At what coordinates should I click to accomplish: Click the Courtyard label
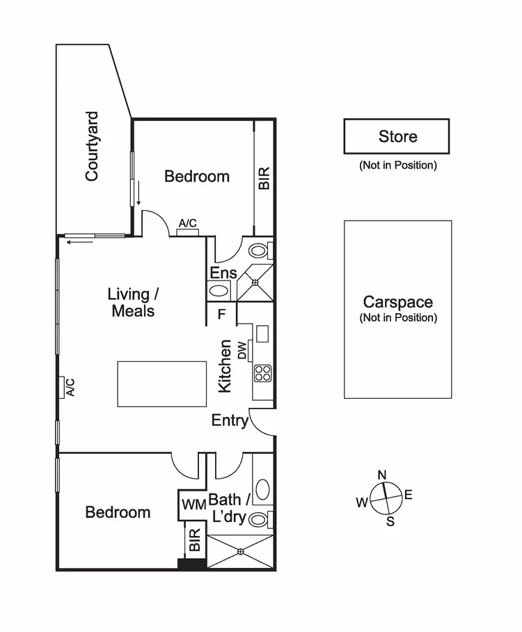pyautogui.click(x=91, y=147)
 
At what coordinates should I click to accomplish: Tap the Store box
pyautogui.click(x=397, y=136)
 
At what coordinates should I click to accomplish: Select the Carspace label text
pyautogui.click(x=397, y=302)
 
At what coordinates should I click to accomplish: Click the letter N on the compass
pyautogui.click(x=381, y=475)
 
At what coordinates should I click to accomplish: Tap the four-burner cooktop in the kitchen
pyautogui.click(x=262, y=373)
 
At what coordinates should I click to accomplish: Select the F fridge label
pyautogui.click(x=221, y=314)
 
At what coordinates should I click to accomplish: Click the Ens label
pyautogui.click(x=223, y=273)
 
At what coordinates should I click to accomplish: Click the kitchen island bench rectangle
pyautogui.click(x=161, y=384)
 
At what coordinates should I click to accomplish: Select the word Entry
pyautogui.click(x=229, y=420)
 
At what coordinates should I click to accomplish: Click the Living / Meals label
pyautogui.click(x=132, y=302)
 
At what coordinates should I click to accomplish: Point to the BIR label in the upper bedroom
pyautogui.click(x=264, y=177)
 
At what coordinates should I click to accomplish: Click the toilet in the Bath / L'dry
pyautogui.click(x=259, y=519)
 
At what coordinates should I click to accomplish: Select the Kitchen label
pyautogui.click(x=225, y=366)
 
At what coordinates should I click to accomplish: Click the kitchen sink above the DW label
pyautogui.click(x=262, y=333)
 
